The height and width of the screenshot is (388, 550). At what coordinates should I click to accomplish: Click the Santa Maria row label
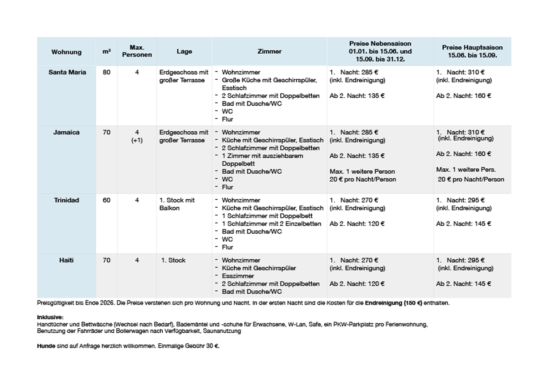(x=67, y=72)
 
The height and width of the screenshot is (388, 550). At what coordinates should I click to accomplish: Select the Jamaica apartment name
(x=66, y=132)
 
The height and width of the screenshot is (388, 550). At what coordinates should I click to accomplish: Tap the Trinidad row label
(x=66, y=200)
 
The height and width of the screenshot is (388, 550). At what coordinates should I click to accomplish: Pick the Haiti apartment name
(x=66, y=260)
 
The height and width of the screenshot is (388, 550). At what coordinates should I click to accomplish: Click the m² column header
(x=106, y=51)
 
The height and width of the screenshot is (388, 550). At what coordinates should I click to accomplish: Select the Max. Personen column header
(x=137, y=51)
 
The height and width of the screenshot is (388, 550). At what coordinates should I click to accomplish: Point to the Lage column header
(x=184, y=51)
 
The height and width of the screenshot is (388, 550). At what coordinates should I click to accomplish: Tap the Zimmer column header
(x=269, y=51)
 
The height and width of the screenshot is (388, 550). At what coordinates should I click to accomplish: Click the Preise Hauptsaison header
(x=472, y=51)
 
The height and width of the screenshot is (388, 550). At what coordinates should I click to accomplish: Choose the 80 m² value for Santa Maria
(x=106, y=72)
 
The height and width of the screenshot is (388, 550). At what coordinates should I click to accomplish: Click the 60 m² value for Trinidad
(x=106, y=200)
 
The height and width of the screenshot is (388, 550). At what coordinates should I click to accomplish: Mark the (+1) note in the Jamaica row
(x=137, y=140)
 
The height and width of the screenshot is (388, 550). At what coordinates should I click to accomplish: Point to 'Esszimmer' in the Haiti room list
(x=238, y=276)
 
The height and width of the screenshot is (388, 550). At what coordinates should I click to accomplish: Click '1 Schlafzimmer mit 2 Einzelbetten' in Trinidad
(x=271, y=224)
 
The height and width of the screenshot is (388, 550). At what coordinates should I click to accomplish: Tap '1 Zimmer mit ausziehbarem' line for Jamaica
(x=262, y=156)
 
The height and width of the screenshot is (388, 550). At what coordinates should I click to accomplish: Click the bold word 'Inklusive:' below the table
(x=50, y=317)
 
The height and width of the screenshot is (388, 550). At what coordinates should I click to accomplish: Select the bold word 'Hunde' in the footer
(x=46, y=346)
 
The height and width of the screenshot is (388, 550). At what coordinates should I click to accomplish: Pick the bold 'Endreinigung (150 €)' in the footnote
(x=393, y=303)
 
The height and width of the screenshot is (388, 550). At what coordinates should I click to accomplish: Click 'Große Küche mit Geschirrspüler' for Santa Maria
(x=269, y=80)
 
